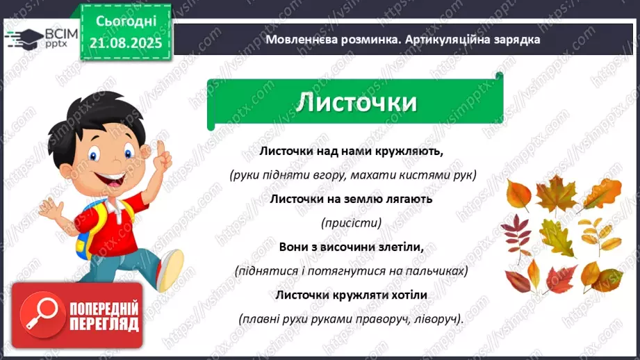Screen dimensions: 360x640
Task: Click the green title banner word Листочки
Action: tap(356, 103)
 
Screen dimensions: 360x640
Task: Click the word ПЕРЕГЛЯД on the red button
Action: tap(104, 324)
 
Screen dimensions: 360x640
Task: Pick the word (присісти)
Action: tap(351, 223)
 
